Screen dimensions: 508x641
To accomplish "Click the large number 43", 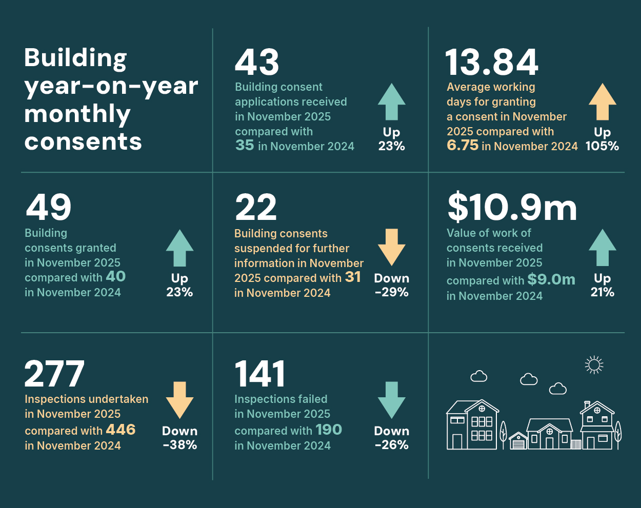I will [257, 63].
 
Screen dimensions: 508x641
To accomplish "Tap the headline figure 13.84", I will [492, 63].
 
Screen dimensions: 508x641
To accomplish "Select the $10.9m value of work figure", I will [512, 208].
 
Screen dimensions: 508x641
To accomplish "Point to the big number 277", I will [54, 374].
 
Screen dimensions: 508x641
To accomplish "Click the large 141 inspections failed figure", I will [260, 374].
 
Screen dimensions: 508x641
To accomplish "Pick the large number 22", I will [256, 208].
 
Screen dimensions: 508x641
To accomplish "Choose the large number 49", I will [49, 208].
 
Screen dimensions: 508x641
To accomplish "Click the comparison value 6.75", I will [462, 146].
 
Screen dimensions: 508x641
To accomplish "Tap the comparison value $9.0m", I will [551, 279].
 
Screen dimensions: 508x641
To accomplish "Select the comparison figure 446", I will [121, 430].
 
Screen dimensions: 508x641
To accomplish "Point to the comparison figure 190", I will [329, 430].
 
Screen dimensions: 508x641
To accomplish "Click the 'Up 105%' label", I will [602, 139].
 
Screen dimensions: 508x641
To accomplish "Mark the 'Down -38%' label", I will [179, 438].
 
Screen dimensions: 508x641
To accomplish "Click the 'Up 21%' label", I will [602, 285].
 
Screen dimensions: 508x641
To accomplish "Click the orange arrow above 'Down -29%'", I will [391, 247].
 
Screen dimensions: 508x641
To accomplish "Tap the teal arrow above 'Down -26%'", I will [391, 399].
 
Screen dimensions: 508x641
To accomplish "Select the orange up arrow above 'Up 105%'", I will [602, 102].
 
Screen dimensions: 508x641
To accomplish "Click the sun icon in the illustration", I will [594, 365].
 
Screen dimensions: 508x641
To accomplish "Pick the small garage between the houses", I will [518, 441].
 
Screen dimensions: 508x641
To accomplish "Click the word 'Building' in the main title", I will [75, 58].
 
